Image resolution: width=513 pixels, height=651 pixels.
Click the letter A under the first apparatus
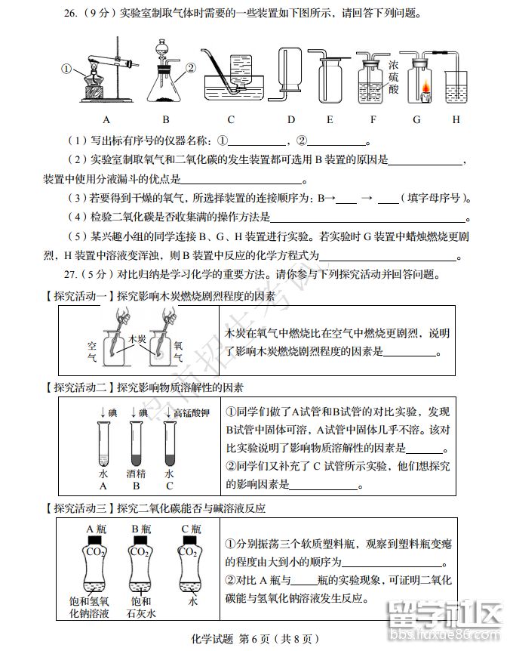tap(106, 119)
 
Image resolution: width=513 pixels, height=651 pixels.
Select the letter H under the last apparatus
tap(456, 119)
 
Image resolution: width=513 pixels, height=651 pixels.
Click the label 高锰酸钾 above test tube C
tap(190, 413)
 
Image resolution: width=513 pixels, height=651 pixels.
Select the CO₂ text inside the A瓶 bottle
tap(95, 552)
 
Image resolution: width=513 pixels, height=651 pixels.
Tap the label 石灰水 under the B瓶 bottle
tap(140, 614)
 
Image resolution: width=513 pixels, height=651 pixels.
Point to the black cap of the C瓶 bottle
tap(190, 541)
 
